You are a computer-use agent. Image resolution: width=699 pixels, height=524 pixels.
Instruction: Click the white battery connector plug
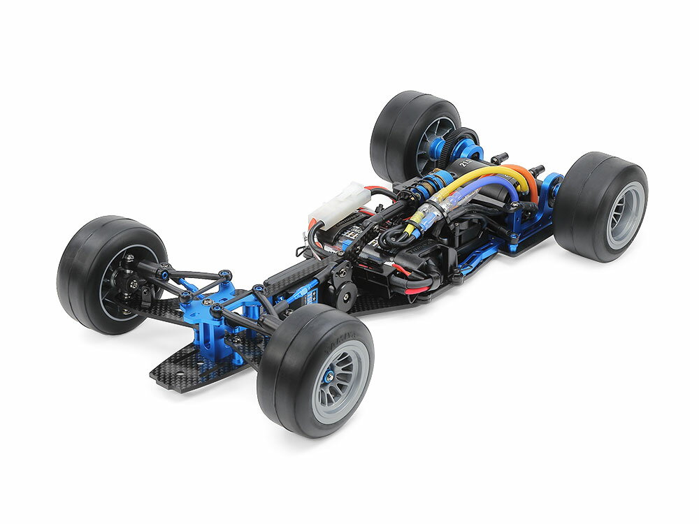tap(340, 203)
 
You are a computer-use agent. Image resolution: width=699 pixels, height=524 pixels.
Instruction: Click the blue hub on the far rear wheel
tap(438, 147)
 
